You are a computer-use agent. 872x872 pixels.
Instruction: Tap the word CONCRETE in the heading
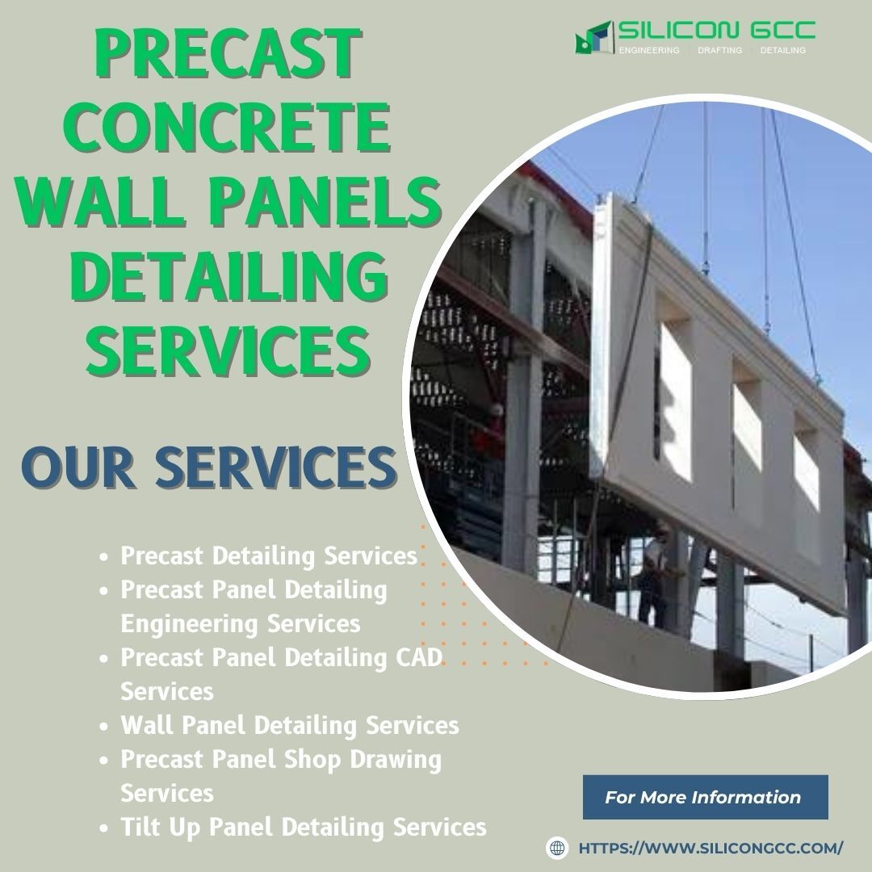[x=228, y=128]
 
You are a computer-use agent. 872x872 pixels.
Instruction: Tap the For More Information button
[x=705, y=797]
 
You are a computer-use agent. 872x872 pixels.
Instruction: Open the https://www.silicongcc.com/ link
[x=711, y=848]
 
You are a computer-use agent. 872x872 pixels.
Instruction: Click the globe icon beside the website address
[x=557, y=848]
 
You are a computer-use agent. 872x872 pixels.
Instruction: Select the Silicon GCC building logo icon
[x=593, y=37]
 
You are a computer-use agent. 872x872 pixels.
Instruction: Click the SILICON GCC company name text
[x=716, y=31]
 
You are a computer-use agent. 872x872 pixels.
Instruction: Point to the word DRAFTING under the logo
[x=719, y=50]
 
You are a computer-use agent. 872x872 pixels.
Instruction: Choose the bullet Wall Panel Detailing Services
[x=289, y=725]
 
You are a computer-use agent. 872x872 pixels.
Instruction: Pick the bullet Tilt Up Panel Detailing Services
[x=303, y=827]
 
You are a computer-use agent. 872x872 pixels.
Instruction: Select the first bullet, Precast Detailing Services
[x=269, y=555]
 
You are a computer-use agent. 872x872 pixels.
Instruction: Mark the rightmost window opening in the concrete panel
[x=806, y=470]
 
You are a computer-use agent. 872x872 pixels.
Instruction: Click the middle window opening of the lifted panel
[x=746, y=426]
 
